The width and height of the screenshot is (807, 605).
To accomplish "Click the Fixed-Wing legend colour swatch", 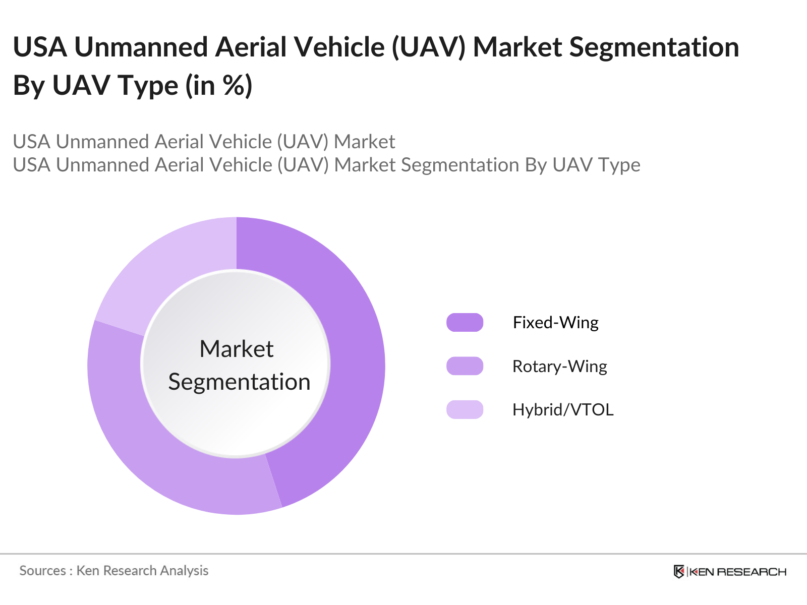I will click(465, 322).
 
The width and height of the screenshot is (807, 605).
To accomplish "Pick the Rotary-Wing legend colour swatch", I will click(465, 366).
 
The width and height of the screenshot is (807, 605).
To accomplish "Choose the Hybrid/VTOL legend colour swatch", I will click(465, 409).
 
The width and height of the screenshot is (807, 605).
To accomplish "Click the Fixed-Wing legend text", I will click(555, 322).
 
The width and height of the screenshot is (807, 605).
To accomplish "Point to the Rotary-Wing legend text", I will click(559, 366).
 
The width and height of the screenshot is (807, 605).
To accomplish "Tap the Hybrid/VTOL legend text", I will click(563, 409).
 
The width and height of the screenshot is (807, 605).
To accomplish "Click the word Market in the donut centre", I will click(237, 349).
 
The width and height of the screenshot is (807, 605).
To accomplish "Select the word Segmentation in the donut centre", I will click(239, 382).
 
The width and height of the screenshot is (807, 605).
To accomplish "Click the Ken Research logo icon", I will click(679, 571).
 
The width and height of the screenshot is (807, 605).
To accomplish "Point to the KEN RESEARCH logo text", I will click(737, 572).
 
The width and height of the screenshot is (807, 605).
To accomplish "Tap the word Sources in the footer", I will click(42, 571).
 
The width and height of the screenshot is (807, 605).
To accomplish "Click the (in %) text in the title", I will click(218, 85).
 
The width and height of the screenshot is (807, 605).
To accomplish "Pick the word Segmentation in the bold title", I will click(654, 47).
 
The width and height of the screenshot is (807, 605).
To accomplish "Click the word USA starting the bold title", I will click(40, 47).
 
